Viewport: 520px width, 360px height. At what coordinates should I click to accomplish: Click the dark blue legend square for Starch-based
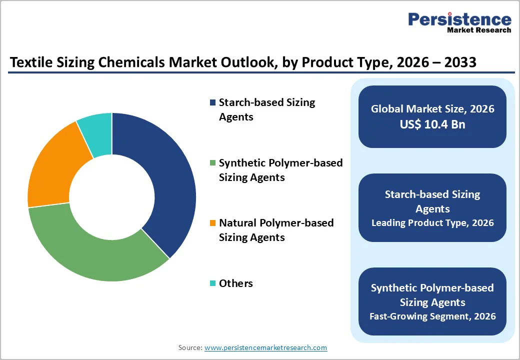213,102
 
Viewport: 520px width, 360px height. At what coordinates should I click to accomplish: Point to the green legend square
213,163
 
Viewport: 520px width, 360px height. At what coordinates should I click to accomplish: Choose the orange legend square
213,223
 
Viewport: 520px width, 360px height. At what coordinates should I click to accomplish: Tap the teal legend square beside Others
213,283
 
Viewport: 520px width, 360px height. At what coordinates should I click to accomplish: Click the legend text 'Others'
236,283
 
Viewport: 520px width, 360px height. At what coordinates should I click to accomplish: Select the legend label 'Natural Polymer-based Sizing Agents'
276,230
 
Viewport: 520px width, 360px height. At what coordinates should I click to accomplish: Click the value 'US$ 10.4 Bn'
432,125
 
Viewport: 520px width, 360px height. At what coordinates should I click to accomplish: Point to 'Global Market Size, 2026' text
432,108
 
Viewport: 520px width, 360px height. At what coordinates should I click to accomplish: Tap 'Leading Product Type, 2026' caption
432,223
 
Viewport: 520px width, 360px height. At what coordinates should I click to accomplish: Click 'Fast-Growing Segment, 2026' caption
432,316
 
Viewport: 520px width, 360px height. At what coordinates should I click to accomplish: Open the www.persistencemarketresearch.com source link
265,347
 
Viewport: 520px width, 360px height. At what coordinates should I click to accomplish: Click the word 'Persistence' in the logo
460,19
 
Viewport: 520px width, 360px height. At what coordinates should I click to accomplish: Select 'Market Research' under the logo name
479,30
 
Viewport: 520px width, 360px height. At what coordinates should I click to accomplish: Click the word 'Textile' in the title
30,62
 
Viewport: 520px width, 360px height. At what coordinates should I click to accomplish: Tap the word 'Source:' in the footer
190,347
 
